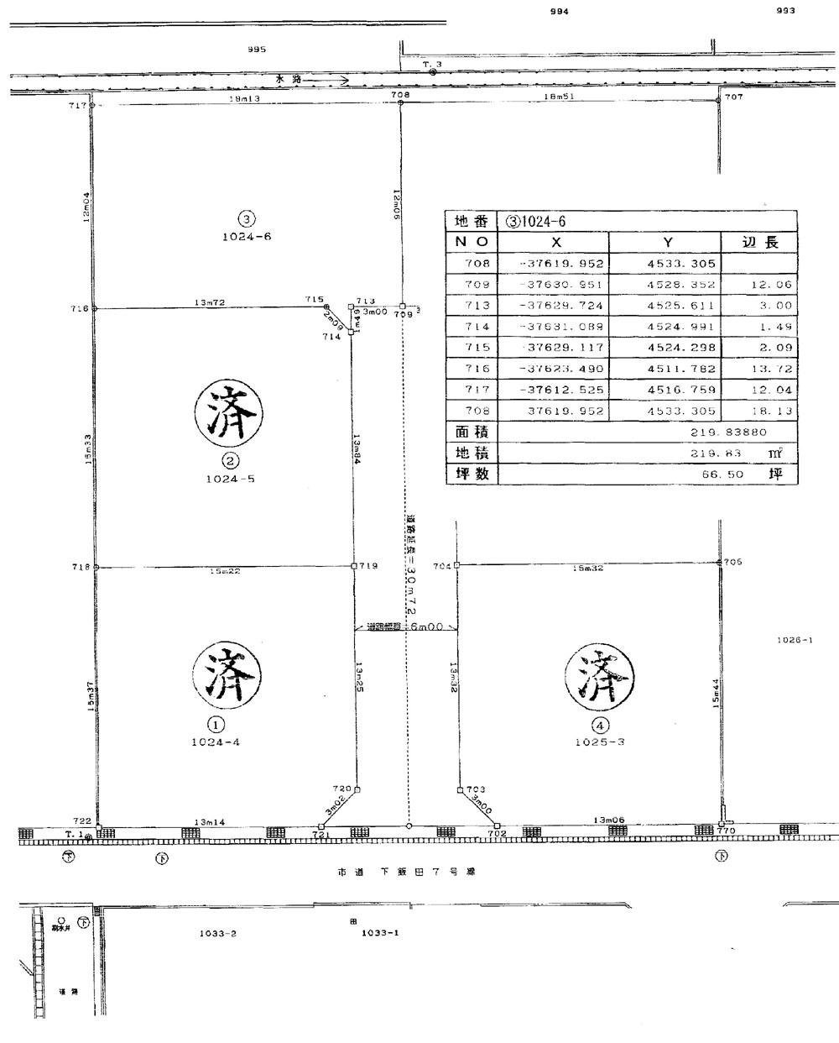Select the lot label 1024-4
click(x=216, y=742)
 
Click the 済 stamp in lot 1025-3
click(x=599, y=676)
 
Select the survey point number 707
click(x=734, y=97)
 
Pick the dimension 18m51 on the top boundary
click(x=559, y=98)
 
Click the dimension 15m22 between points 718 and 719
click(x=226, y=572)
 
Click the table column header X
click(x=553, y=242)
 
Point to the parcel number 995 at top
click(x=257, y=49)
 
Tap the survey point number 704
click(x=442, y=565)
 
